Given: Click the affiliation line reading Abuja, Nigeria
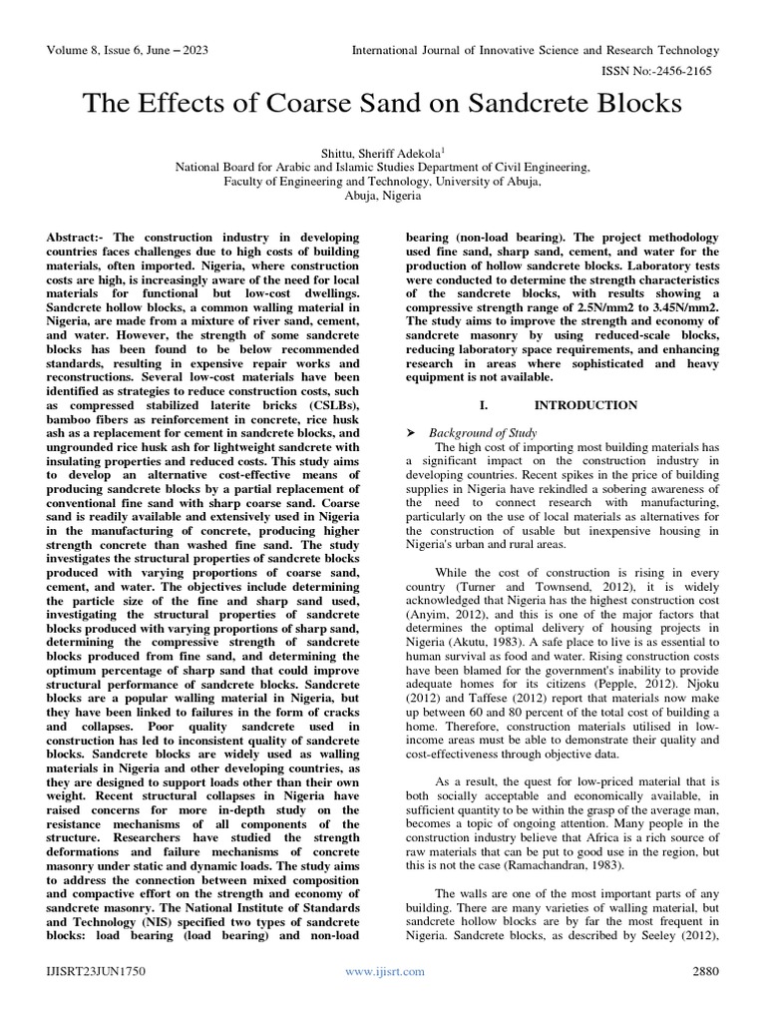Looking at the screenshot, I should [x=382, y=196].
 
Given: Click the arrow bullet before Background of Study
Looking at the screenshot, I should [x=412, y=433].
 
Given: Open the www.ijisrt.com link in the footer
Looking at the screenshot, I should [x=383, y=971].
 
